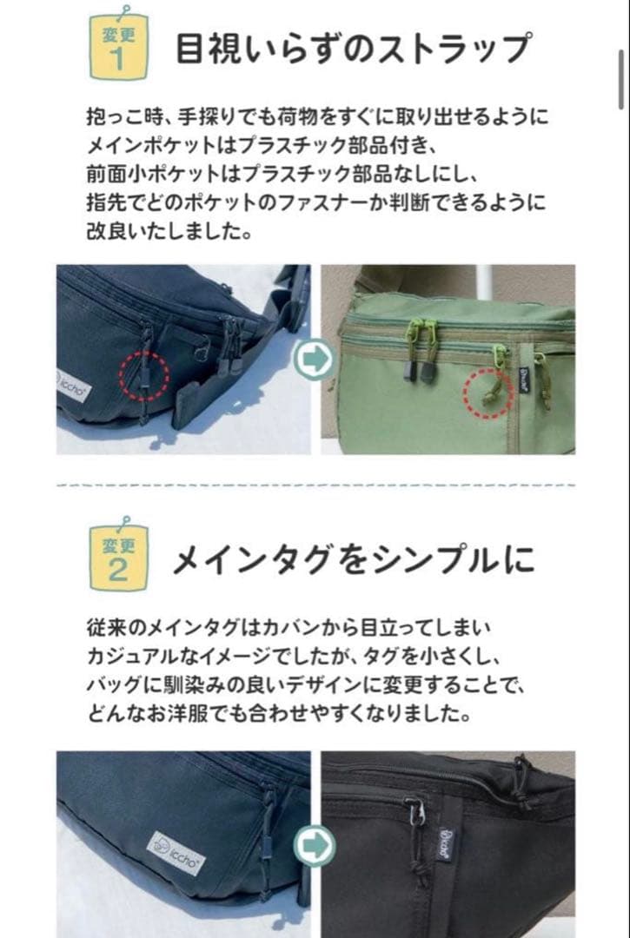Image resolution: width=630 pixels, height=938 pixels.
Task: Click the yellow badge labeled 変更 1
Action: click(x=119, y=49)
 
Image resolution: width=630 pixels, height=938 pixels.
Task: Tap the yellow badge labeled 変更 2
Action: click(x=119, y=558)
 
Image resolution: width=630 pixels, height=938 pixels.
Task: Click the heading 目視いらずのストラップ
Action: click(x=351, y=49)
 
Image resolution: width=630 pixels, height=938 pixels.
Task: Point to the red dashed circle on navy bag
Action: click(x=143, y=374)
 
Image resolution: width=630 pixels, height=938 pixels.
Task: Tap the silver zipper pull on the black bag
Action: click(x=416, y=811)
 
